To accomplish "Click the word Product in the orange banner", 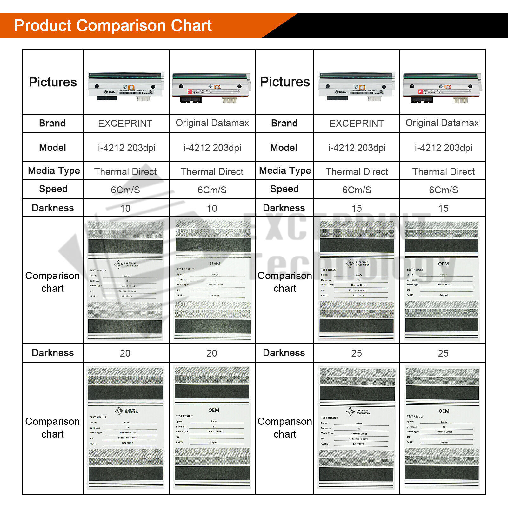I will point(43,26).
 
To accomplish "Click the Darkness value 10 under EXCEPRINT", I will point(125,208).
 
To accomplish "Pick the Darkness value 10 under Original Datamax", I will point(212,208).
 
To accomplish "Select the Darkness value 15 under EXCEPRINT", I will point(357,208).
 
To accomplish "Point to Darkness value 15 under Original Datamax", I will point(443,208).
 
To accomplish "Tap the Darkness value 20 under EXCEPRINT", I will point(125,353).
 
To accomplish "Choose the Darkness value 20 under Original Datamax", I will point(212,353).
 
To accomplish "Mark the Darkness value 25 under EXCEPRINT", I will point(357,353).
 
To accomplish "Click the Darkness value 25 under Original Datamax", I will point(443,353).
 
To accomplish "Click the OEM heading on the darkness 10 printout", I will point(215,264).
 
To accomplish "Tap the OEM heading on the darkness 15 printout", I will point(443,264).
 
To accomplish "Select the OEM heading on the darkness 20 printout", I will point(214,410).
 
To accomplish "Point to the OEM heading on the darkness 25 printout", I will point(444,411).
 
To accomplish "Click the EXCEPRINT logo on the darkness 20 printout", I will point(126,411).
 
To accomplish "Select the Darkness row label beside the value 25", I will point(284,353).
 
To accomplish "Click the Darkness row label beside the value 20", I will point(53,353).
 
